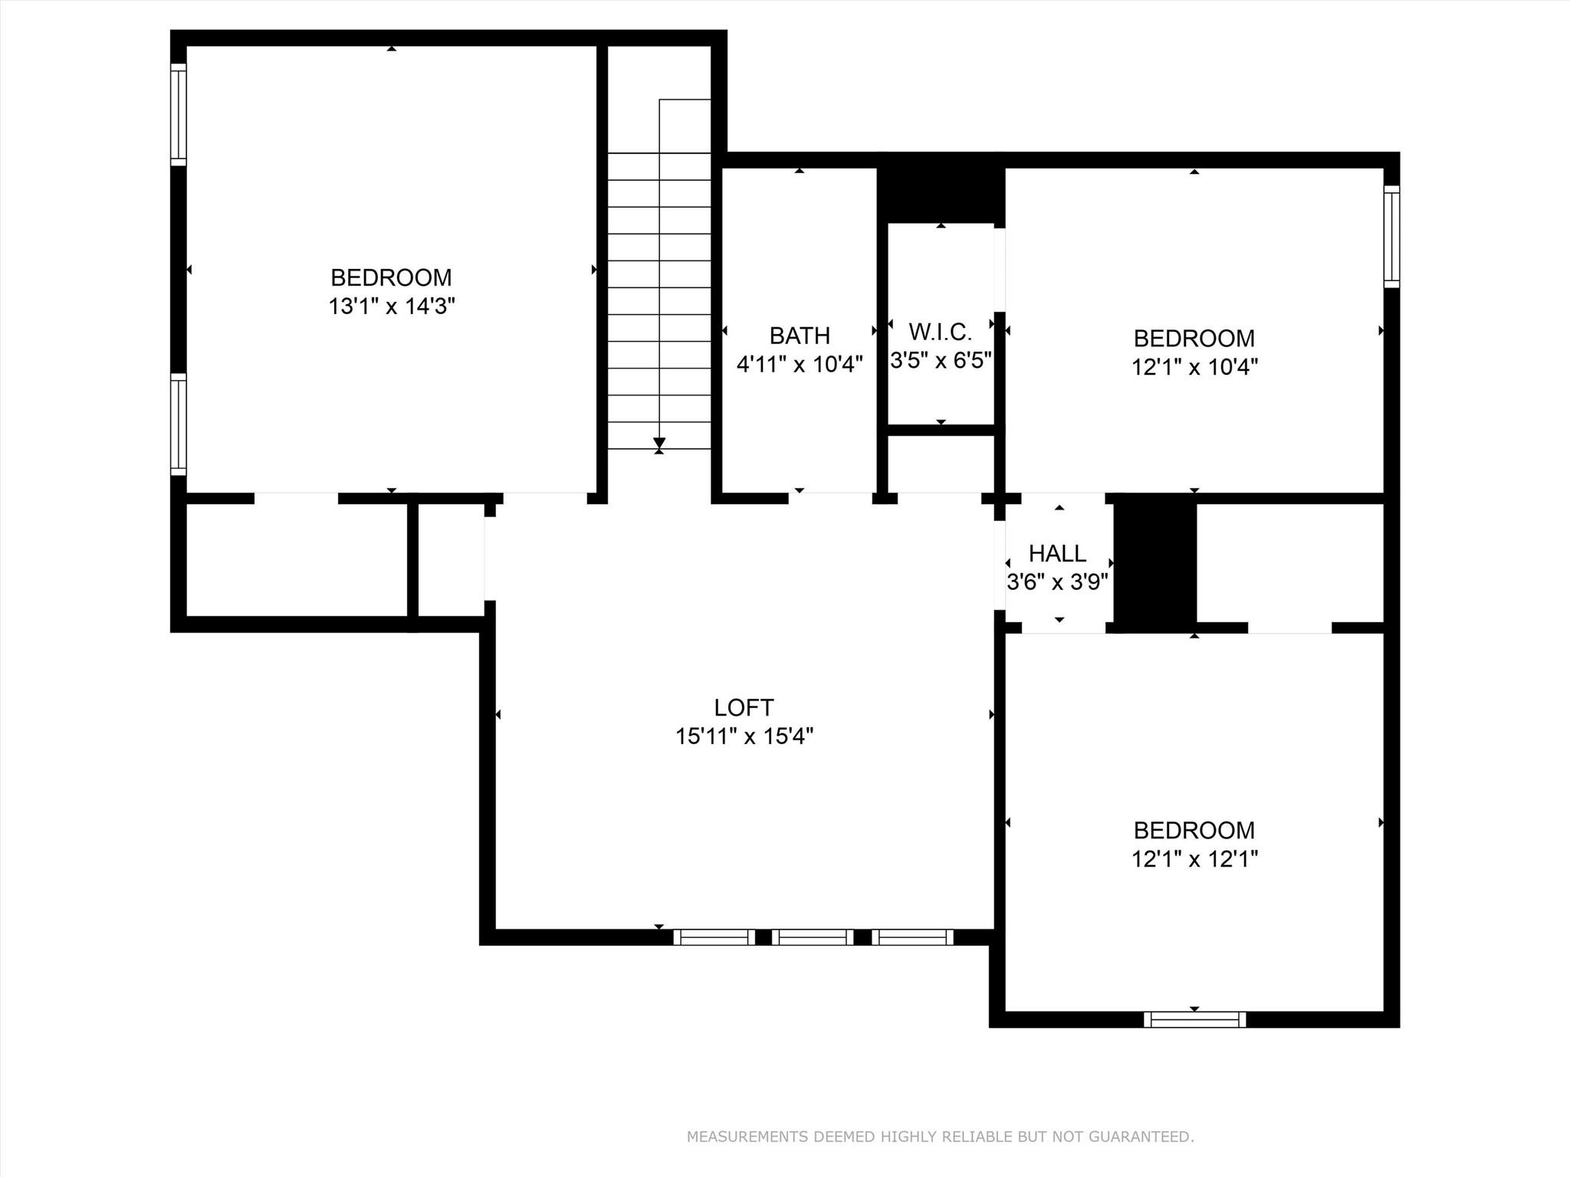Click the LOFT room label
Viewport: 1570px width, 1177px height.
point(744,707)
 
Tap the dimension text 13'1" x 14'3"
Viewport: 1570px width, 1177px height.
point(392,307)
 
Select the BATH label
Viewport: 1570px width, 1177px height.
point(800,336)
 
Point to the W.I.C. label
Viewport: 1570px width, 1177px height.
point(940,332)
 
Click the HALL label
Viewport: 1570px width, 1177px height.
point(1057,553)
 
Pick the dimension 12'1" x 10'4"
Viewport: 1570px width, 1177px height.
point(1194,367)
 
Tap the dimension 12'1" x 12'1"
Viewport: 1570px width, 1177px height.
point(1194,859)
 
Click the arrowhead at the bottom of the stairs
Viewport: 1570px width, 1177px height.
point(659,443)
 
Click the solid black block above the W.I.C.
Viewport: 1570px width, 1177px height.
point(941,188)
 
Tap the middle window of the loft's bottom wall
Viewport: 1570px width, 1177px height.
point(813,937)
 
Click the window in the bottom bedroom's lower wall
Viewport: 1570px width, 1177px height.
point(1194,1019)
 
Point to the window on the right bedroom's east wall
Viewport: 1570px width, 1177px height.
point(1391,237)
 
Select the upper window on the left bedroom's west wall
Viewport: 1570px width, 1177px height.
point(178,115)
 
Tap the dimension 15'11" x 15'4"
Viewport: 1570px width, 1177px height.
point(744,736)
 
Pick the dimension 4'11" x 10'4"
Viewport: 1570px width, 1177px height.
point(800,364)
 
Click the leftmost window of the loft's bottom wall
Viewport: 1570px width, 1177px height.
point(714,937)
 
